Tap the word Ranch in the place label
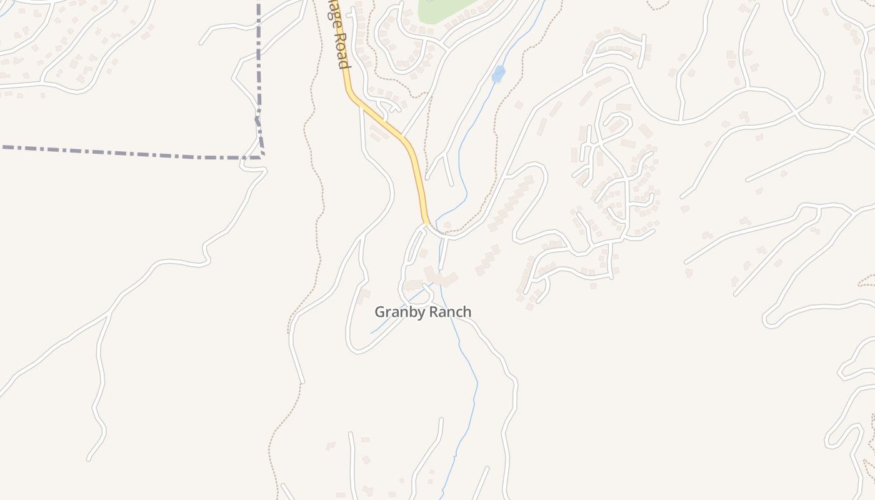tap(449, 311)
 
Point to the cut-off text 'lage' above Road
tap(330, 14)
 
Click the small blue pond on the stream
tap(498, 74)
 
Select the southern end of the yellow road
tap(427, 221)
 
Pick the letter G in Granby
tap(379, 311)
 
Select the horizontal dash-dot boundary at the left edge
tap(25, 148)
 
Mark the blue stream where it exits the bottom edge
tap(442, 496)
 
